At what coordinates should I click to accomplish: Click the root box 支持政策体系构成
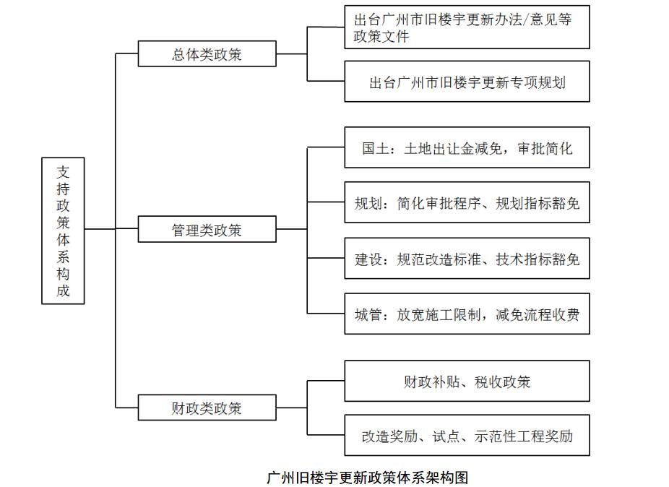tap(63, 231)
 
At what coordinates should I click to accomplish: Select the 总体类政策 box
tap(207, 53)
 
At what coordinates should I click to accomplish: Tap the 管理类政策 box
tap(207, 229)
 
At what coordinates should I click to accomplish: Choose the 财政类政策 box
tap(207, 408)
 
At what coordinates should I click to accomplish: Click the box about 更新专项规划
tap(467, 82)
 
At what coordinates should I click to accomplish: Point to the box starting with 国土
tap(467, 147)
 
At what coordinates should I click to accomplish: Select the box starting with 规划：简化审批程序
tap(467, 202)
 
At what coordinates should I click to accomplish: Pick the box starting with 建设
tap(467, 258)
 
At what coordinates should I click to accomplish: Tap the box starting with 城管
tap(467, 314)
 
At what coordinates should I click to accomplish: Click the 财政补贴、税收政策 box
tap(467, 381)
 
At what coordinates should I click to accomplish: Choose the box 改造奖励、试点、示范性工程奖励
tap(467, 436)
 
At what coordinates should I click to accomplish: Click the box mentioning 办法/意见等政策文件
tap(467, 27)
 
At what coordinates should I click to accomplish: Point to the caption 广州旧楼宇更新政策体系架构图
tap(367, 477)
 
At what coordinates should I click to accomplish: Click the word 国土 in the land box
tap(376, 148)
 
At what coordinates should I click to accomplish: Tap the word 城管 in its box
tap(368, 315)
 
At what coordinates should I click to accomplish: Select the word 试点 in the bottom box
tap(446, 436)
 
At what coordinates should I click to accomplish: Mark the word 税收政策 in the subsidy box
tap(503, 382)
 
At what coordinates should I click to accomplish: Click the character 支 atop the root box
tap(63, 173)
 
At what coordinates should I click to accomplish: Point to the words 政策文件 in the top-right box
tap(381, 36)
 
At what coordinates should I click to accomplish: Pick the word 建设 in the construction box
tap(368, 259)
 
